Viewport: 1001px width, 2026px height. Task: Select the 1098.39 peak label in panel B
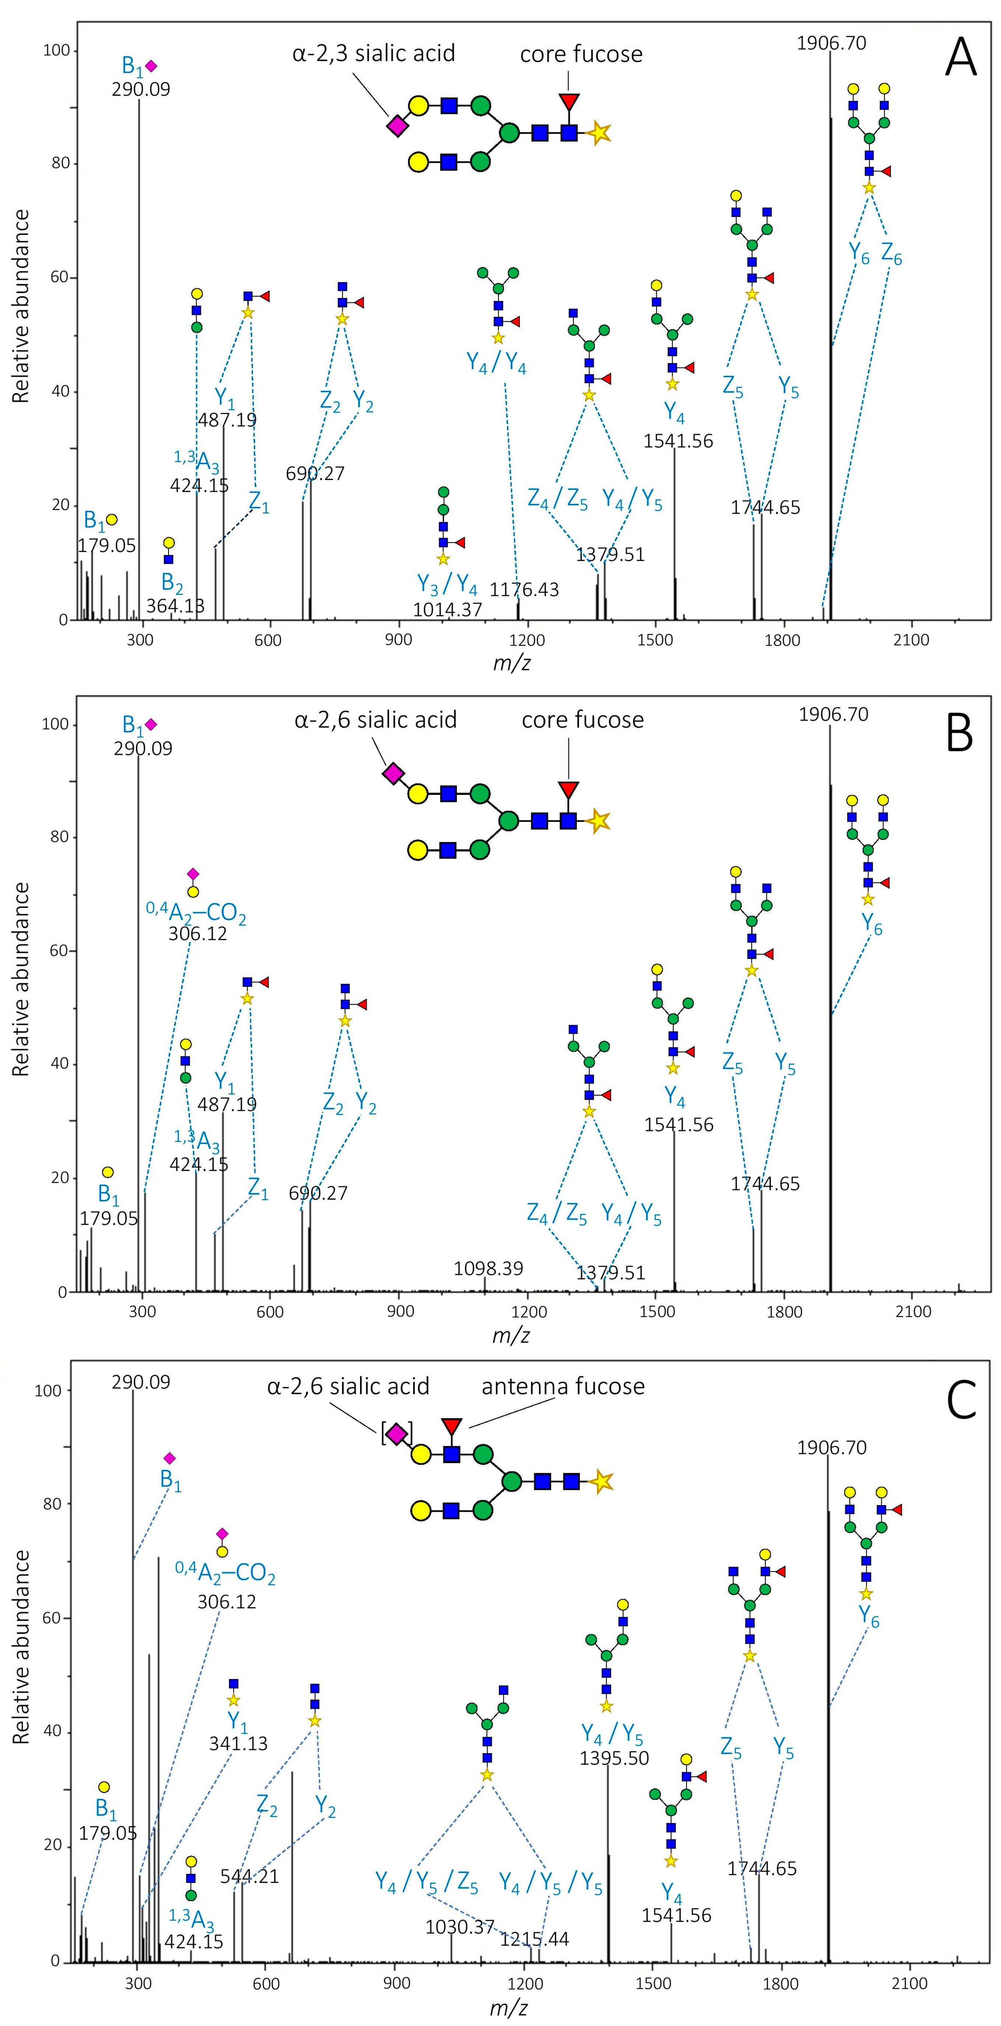pyautogui.click(x=488, y=1269)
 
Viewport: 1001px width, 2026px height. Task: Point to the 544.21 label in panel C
pyautogui.click(x=249, y=1876)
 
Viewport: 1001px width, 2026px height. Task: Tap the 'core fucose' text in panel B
pyautogui.click(x=583, y=720)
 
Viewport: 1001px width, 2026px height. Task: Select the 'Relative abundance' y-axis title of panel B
pyautogui.click(x=21, y=979)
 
